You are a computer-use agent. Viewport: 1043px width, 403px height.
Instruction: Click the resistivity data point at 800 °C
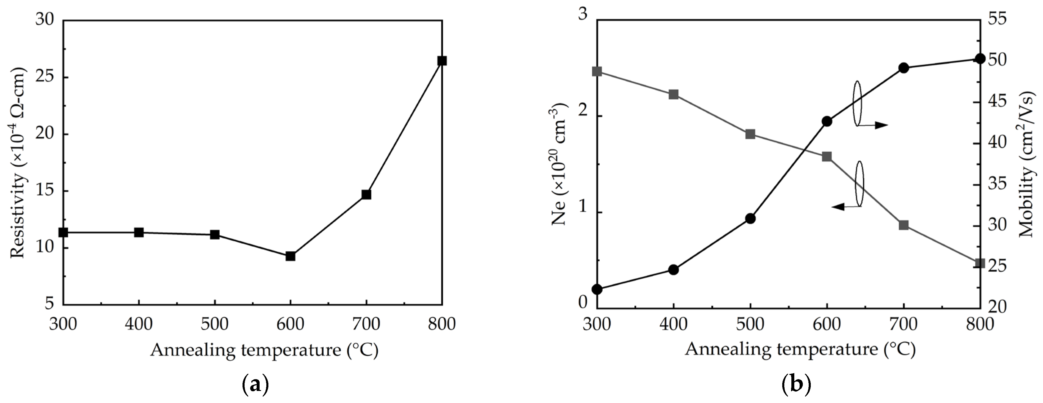point(442,61)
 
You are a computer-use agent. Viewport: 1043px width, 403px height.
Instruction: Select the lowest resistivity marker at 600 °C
point(290,256)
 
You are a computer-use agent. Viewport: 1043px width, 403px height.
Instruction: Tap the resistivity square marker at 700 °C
point(366,194)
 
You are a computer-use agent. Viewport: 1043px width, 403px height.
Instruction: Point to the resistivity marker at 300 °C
point(63,232)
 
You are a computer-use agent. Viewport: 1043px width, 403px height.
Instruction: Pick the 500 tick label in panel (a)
point(215,324)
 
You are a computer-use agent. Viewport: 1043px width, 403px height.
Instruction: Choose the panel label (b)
point(796,385)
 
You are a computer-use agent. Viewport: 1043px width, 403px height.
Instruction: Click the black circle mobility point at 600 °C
point(827,121)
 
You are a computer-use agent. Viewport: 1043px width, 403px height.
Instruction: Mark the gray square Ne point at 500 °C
point(750,134)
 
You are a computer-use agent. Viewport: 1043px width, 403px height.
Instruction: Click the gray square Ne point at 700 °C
point(904,225)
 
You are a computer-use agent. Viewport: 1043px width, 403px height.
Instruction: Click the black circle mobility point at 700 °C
point(904,68)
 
